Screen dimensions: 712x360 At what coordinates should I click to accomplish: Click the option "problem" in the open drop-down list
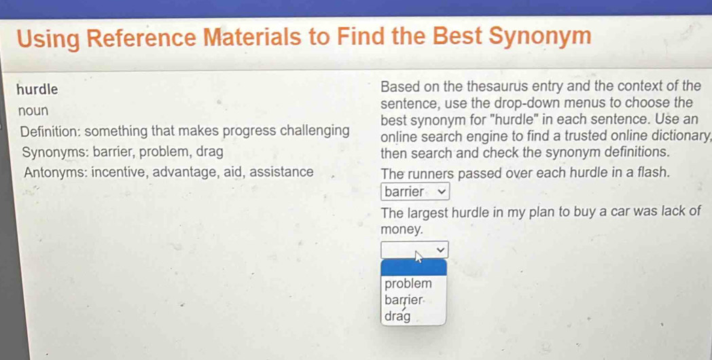[408, 284]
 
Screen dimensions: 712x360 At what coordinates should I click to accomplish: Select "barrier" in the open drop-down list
[404, 300]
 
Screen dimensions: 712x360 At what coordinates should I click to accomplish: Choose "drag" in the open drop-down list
[397, 316]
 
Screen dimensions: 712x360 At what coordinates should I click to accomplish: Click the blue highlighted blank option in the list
[414, 268]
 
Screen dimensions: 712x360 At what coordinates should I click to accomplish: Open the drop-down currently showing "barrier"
[416, 192]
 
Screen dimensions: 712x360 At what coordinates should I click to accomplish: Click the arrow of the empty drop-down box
[440, 249]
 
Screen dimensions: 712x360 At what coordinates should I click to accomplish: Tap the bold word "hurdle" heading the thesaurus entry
[37, 90]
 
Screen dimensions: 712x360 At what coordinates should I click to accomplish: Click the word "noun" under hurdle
[33, 111]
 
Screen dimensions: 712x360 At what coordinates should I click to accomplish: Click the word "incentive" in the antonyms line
[118, 173]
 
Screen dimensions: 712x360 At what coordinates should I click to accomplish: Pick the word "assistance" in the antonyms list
[281, 172]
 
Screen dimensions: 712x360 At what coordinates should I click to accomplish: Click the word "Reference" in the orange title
[142, 37]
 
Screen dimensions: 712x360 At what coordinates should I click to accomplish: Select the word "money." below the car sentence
[402, 230]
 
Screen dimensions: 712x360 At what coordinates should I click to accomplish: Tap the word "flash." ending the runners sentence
[654, 173]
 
